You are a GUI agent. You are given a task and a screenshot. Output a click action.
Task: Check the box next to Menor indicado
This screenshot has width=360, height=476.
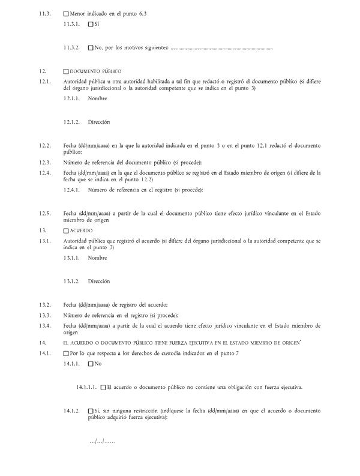[66, 13]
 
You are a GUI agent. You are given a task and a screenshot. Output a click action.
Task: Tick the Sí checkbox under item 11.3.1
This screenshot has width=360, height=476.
[91, 25]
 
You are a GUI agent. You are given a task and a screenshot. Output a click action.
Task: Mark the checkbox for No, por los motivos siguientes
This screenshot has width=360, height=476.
[91, 47]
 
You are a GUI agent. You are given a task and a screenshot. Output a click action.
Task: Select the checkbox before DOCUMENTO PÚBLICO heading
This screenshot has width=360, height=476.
[66, 71]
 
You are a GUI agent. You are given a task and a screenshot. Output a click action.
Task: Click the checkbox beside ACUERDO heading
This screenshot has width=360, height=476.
[66, 230]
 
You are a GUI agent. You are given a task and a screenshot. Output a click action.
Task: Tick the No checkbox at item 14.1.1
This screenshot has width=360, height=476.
[91, 364]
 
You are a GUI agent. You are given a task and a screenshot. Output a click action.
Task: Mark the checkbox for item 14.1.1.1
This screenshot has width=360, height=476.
[103, 387]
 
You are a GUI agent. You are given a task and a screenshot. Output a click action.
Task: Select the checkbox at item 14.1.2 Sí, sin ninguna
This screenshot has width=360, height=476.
[91, 411]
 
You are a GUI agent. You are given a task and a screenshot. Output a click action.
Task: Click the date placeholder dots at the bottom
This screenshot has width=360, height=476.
[102, 442]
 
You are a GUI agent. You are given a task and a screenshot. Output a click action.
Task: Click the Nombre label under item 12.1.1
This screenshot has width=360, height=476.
[97, 99]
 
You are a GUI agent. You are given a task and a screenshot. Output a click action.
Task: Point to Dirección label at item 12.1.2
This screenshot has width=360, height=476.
[99, 122]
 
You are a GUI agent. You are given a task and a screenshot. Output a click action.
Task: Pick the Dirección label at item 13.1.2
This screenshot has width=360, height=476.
[99, 282]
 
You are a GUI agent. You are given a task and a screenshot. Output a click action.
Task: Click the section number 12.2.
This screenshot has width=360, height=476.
[44, 146]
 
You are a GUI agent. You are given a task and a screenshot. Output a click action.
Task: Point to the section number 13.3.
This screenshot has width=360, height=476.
[44, 316]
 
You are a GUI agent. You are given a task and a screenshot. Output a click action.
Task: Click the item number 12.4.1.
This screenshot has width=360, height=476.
[73, 190]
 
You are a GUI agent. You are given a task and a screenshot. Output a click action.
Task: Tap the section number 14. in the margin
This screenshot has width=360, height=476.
[41, 342]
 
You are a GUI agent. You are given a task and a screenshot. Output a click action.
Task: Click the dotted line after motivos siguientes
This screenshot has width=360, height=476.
[221, 48]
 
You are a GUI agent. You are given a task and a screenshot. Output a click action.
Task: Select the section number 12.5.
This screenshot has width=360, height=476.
[44, 214]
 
